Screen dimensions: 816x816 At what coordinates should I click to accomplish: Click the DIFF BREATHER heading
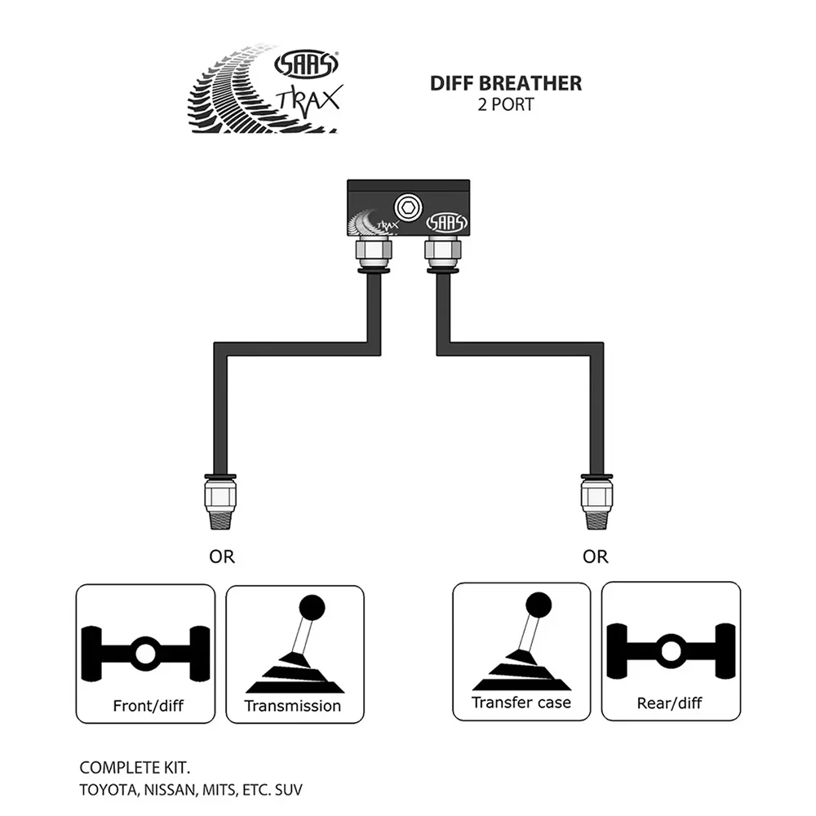point(506,84)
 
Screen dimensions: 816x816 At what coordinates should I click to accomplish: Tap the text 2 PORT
point(506,104)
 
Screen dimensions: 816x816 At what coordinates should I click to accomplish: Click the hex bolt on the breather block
point(408,207)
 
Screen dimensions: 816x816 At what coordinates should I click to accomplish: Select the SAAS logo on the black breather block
point(447,223)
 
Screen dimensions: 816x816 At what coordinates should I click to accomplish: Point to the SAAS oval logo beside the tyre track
point(307,64)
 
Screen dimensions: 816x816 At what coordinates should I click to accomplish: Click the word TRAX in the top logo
point(309,101)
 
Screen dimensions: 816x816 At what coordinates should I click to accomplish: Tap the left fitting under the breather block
point(374,254)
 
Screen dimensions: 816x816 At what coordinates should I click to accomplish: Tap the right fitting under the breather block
point(442,254)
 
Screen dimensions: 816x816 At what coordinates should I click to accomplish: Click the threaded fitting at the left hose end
point(220,502)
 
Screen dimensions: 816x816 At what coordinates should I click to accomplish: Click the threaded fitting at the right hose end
point(596,502)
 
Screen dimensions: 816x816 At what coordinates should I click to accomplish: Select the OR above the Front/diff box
point(222,557)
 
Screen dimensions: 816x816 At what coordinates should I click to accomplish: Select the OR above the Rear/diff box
point(596,557)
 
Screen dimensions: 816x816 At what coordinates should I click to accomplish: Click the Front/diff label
point(149,706)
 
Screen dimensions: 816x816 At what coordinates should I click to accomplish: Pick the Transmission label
point(292,706)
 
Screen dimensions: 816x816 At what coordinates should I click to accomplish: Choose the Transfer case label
point(521,703)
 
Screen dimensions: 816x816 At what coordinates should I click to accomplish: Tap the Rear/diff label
point(670,703)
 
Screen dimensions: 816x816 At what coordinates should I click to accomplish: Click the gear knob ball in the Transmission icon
point(312,607)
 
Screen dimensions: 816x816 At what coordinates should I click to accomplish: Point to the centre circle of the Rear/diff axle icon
point(671,651)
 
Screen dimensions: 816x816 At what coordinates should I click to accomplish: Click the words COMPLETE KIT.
point(135,768)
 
